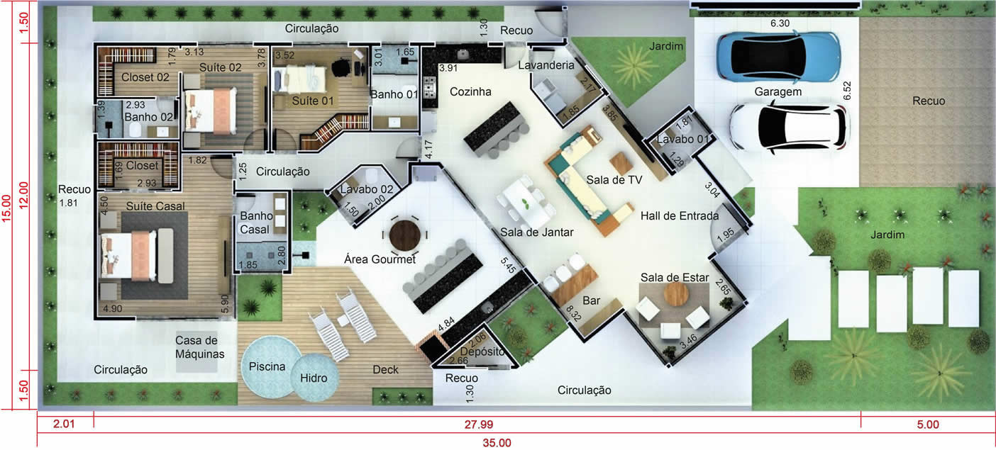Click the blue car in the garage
[x=778, y=57]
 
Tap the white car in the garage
[x=790, y=128]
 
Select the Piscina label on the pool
[x=267, y=367]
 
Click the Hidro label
[x=314, y=378]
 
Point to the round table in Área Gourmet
[x=404, y=235]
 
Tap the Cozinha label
[x=470, y=92]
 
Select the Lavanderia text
[x=546, y=65]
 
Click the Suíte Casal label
[x=155, y=206]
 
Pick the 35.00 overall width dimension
[x=497, y=443]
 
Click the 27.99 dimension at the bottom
[x=479, y=424]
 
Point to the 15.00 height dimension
[x=6, y=208]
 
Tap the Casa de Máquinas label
[x=199, y=347]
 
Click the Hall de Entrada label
[x=680, y=216]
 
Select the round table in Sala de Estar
[x=676, y=294]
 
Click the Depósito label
[x=482, y=351]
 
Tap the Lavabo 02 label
[x=367, y=189]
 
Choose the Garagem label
[x=778, y=92]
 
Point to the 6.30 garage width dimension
[x=780, y=23]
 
